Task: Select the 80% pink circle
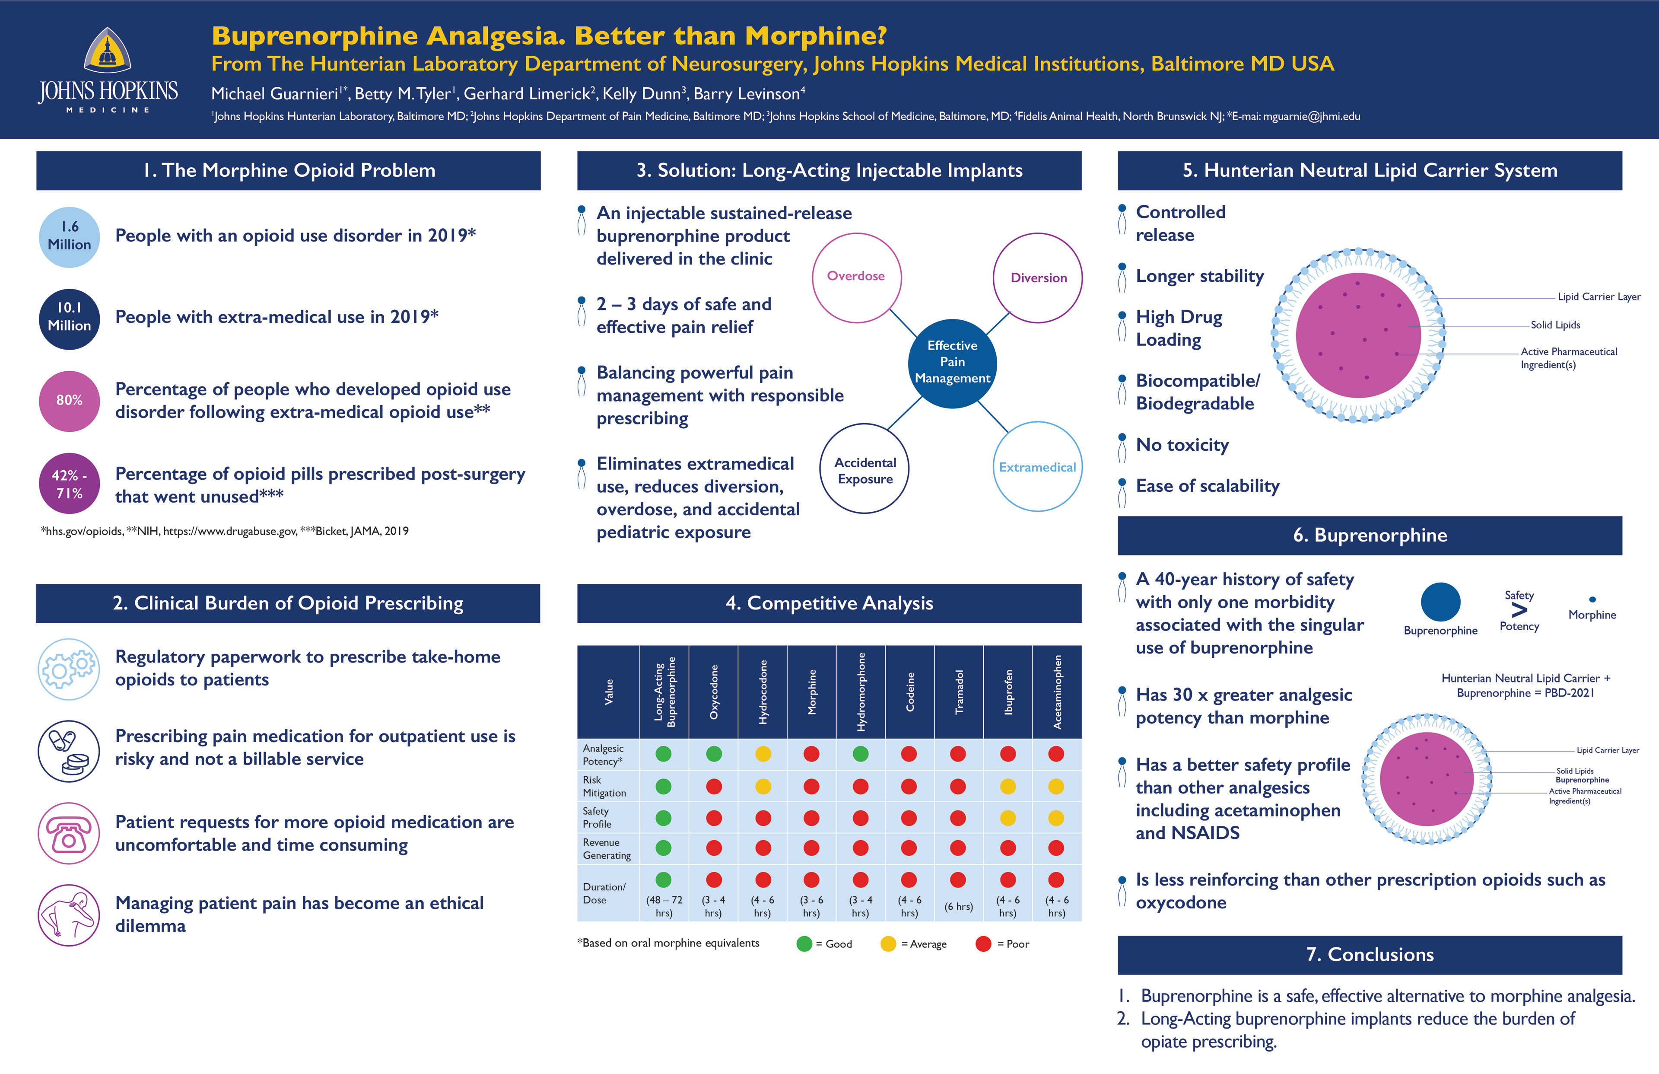[x=69, y=400]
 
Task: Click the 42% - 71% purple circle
[x=69, y=484]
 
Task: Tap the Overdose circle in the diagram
[x=856, y=277]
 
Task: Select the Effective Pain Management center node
[x=952, y=363]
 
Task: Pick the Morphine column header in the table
[x=811, y=692]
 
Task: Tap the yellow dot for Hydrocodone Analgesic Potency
[x=763, y=754]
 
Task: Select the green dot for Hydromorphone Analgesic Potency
[x=861, y=754]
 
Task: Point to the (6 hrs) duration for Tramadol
[x=958, y=907]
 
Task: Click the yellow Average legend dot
[x=888, y=943]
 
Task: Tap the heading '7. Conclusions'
[x=1370, y=955]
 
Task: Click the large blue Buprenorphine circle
[x=1440, y=602]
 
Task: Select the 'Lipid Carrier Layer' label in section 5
[x=1599, y=297]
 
